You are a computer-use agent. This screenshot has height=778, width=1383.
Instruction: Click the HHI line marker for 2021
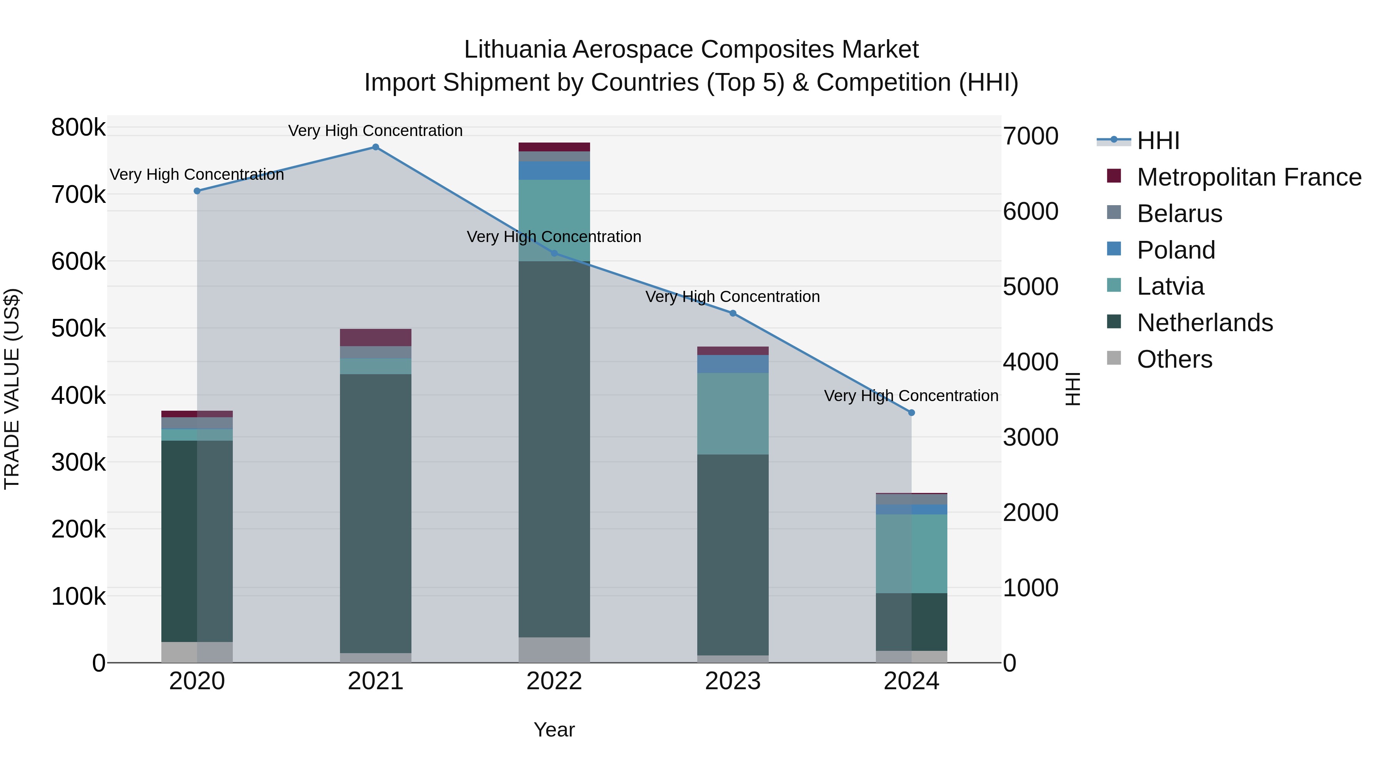(x=375, y=147)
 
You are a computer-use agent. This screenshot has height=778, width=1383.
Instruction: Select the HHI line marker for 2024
(x=911, y=412)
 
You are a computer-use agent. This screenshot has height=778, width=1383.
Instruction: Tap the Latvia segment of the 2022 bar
(x=554, y=220)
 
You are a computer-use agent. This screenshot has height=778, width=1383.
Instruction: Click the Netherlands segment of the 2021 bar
(x=375, y=513)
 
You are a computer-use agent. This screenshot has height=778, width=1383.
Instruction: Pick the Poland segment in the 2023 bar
(x=732, y=363)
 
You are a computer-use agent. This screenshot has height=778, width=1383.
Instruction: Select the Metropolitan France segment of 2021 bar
(x=375, y=337)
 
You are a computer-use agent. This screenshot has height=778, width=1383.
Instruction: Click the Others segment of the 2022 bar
(x=554, y=650)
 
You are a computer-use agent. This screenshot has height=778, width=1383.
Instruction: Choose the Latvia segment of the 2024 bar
(x=911, y=553)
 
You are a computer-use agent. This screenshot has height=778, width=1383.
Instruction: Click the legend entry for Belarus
(x=1179, y=213)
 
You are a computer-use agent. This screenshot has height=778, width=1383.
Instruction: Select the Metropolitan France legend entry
(x=1249, y=177)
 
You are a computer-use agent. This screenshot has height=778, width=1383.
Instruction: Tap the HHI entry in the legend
(x=1158, y=141)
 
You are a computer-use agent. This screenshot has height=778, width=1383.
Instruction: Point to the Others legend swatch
(x=1114, y=358)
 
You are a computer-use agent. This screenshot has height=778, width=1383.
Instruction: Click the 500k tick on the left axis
(x=79, y=328)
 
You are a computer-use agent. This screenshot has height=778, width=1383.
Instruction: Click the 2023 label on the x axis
(x=732, y=681)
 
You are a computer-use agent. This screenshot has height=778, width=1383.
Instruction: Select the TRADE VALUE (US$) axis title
(x=12, y=389)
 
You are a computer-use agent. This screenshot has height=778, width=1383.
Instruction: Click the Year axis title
(x=554, y=730)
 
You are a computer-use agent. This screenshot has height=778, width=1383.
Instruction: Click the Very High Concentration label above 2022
(x=554, y=236)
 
